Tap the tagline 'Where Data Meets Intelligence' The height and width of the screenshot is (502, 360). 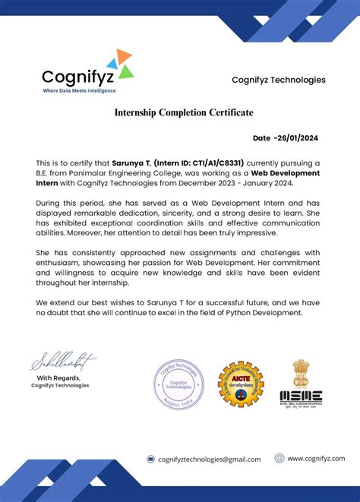coord(79,90)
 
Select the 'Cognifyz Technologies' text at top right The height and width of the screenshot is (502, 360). coord(278,80)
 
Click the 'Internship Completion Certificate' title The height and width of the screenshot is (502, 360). coord(184,113)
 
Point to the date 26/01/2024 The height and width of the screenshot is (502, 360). coord(298,138)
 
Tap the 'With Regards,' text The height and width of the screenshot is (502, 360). coord(59,378)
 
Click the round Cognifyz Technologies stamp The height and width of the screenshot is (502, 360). coord(179,381)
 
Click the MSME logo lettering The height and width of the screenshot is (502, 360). coord(301,396)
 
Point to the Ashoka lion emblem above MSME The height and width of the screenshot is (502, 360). coord(302,372)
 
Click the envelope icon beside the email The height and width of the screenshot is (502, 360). coord(151,459)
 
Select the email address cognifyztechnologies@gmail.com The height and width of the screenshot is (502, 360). coord(209,459)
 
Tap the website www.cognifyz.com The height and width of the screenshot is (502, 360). coord(315,458)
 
